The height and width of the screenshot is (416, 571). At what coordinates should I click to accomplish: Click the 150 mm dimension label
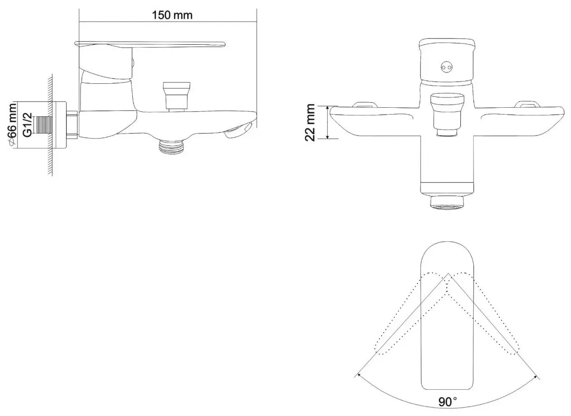click(x=172, y=15)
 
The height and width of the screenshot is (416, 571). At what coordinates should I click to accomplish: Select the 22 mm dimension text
click(x=310, y=122)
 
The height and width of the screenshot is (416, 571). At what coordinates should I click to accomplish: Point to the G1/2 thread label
click(x=27, y=125)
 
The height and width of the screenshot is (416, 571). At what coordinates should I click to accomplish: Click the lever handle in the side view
click(x=150, y=44)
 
